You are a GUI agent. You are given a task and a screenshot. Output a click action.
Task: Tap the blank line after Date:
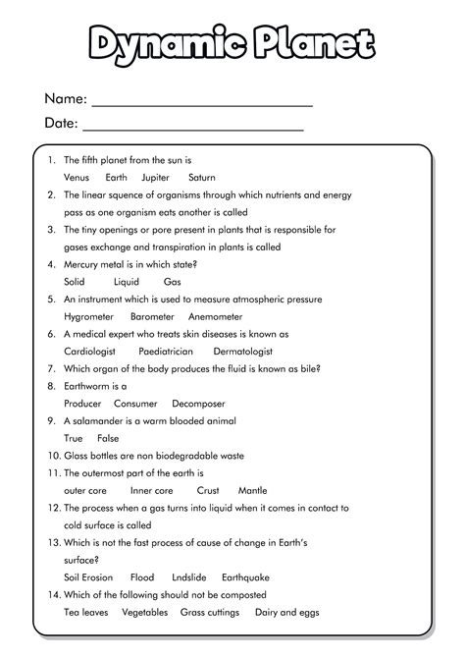pyautogui.click(x=192, y=127)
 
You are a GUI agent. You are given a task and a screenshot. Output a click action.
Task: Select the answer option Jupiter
pyautogui.click(x=155, y=177)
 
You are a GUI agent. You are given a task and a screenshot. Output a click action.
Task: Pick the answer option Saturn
pyautogui.click(x=201, y=177)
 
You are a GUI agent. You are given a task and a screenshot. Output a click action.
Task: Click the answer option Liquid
pyautogui.click(x=126, y=281)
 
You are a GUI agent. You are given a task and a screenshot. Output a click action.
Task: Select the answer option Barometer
pyautogui.click(x=152, y=316)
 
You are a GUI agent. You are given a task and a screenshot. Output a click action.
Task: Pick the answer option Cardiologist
pyautogui.click(x=90, y=351)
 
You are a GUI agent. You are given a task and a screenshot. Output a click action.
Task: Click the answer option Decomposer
pyautogui.click(x=198, y=404)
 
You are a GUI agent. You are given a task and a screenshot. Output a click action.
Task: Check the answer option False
pyautogui.click(x=108, y=438)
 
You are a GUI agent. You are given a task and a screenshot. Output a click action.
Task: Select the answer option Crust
pyautogui.click(x=208, y=490)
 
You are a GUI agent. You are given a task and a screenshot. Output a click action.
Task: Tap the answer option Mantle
pyautogui.click(x=252, y=490)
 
